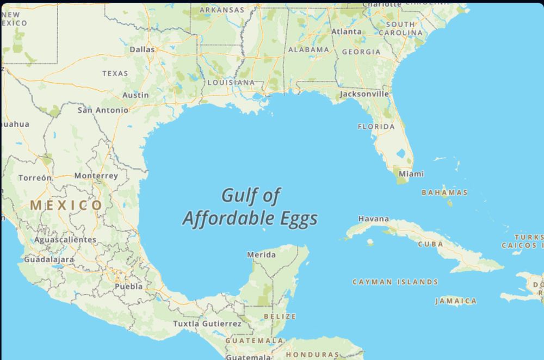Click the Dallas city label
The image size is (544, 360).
[142, 49]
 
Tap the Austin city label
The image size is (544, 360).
[135, 95]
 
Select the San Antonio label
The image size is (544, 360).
[103, 110]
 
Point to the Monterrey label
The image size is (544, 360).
[96, 176]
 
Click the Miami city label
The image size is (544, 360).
[411, 174]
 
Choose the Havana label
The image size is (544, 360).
[374, 219]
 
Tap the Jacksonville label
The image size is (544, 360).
[364, 94]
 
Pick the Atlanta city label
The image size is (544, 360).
[346, 32]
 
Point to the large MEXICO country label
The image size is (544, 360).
[66, 206]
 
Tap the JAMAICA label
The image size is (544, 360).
[456, 301]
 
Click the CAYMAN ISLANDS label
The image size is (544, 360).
[395, 282]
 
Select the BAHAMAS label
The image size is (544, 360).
[444, 193]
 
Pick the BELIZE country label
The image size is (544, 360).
[280, 316]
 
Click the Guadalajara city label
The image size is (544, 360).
[48, 259]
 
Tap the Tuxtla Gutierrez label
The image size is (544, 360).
[207, 324]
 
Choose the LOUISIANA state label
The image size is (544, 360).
[231, 83]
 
